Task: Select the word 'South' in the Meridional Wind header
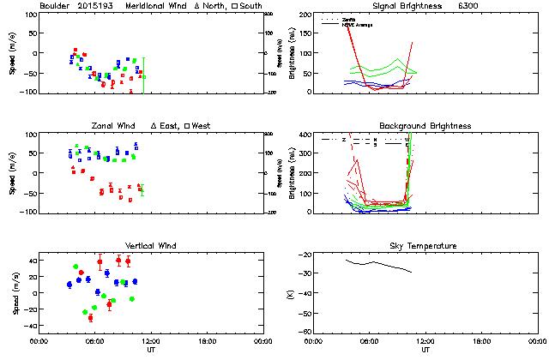point(253,6)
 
